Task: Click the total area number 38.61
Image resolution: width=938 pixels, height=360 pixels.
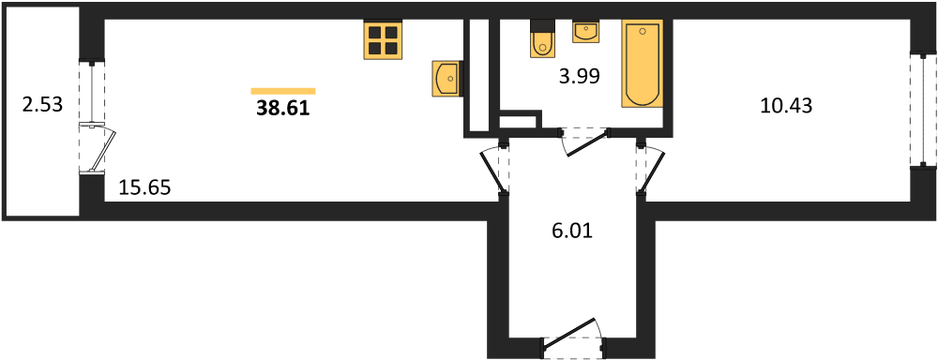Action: tap(282, 107)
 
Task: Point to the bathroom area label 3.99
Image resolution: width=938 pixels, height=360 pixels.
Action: tap(579, 76)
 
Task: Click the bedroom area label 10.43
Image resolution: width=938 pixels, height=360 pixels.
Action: tap(785, 106)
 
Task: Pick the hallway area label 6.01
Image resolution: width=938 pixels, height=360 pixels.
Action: tap(572, 230)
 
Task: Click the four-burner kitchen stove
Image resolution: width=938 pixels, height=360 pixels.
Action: tap(382, 40)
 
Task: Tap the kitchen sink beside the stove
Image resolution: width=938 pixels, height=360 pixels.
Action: tap(446, 78)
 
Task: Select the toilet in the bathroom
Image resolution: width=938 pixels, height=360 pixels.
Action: tap(542, 38)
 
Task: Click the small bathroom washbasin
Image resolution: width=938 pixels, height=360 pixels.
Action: tap(586, 32)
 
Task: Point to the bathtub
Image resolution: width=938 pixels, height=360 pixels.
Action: tap(643, 64)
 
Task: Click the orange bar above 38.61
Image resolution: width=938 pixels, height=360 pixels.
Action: tap(282, 91)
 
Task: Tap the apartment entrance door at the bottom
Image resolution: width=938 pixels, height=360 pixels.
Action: tap(573, 335)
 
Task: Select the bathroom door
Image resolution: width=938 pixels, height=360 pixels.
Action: tap(583, 142)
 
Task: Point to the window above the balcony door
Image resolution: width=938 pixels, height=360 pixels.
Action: tap(92, 92)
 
